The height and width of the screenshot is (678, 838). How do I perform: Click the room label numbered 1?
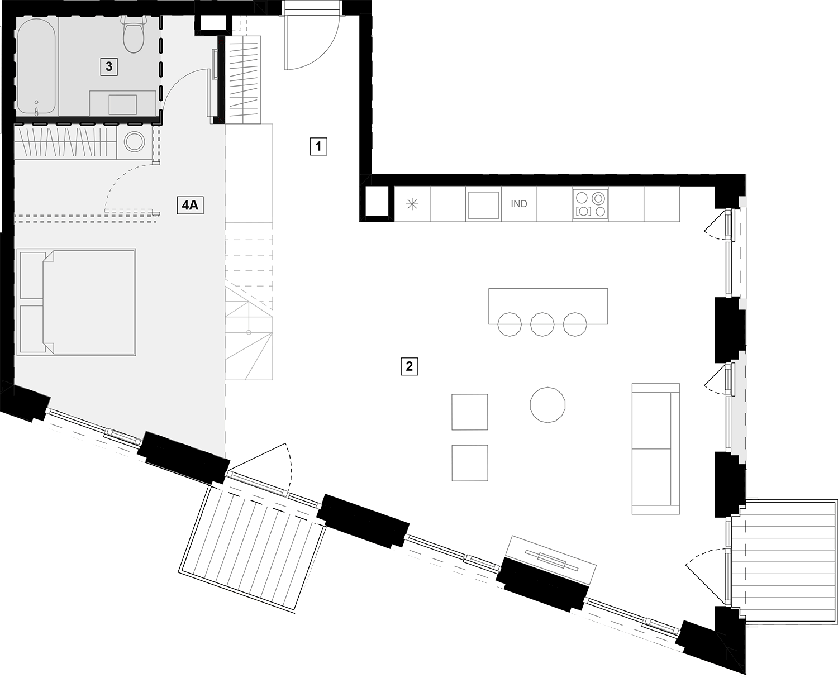318,146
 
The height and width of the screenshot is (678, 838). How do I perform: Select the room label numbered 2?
409,366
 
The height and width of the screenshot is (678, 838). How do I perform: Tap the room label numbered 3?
109,66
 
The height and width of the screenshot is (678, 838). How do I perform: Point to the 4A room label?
190,205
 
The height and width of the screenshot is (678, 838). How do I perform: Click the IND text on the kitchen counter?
518,204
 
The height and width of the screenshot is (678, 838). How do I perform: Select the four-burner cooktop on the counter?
590,204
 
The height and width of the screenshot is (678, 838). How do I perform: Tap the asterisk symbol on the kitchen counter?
412,204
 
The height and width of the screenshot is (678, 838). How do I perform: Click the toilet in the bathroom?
134,35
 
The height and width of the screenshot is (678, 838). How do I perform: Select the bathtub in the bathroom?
36,66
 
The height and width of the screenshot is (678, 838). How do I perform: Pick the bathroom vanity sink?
123,104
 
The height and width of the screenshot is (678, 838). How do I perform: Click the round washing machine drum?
135,141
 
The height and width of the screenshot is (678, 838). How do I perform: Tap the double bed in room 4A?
77,302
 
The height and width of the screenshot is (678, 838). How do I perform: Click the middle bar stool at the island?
542,324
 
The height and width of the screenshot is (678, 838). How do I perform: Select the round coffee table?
547,405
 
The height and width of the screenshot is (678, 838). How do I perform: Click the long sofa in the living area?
655,448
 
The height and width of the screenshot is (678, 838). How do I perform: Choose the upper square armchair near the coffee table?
470,412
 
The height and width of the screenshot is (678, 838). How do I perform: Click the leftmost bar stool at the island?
510,324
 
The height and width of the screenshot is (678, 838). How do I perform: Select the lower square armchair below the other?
470,463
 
